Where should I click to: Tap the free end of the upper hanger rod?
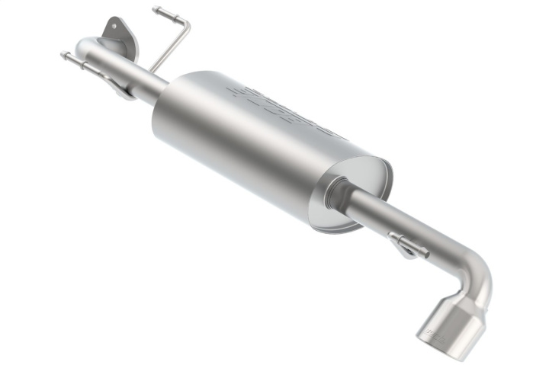point(156,10)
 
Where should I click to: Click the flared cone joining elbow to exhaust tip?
point(467,299)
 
